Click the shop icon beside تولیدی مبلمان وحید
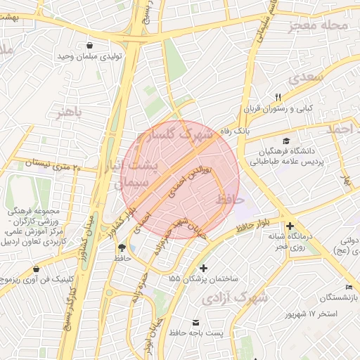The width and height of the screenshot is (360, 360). tap(91, 46)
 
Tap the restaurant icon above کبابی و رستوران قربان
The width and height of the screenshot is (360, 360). tap(278, 97)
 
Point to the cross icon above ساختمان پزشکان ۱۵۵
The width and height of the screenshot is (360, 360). tap(204, 268)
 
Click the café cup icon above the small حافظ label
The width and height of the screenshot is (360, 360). tap(122, 247)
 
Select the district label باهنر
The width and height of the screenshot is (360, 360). tap(70, 111)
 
